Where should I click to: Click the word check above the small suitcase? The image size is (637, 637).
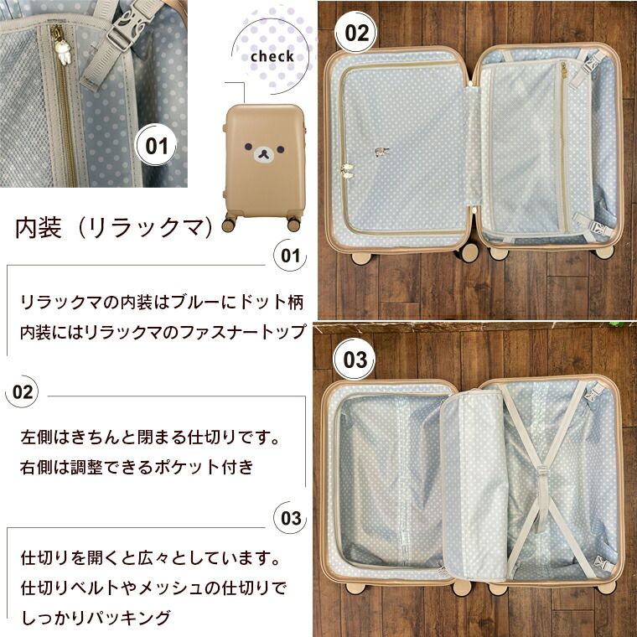point(272,57)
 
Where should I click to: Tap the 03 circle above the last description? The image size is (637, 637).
point(289,517)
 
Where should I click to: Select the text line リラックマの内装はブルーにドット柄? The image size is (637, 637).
point(163,301)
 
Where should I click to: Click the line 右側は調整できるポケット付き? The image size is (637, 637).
point(137,467)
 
